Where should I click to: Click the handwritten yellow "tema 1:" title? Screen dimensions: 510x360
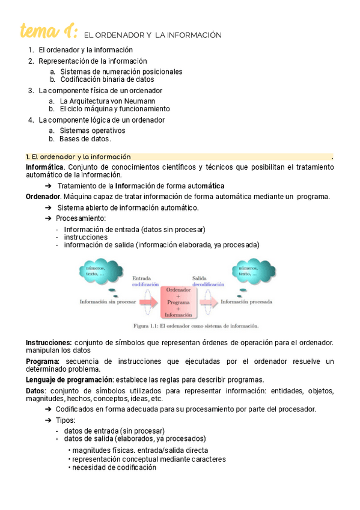click(x=48, y=31)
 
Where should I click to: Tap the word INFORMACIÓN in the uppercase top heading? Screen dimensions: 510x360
click(x=195, y=35)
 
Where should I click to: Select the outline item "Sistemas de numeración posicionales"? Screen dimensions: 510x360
click(x=121, y=72)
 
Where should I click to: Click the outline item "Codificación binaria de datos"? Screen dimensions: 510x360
click(x=107, y=79)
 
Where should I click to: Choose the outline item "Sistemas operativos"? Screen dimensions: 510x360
click(x=93, y=131)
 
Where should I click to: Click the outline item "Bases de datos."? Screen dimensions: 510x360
click(x=85, y=139)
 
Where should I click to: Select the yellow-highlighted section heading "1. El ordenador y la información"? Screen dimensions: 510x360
click(x=78, y=156)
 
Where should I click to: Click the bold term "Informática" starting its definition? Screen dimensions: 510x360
click(x=44, y=167)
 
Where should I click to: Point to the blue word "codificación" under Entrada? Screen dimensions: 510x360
click(x=145, y=284)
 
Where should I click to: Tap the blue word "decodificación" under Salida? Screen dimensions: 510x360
click(x=208, y=284)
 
